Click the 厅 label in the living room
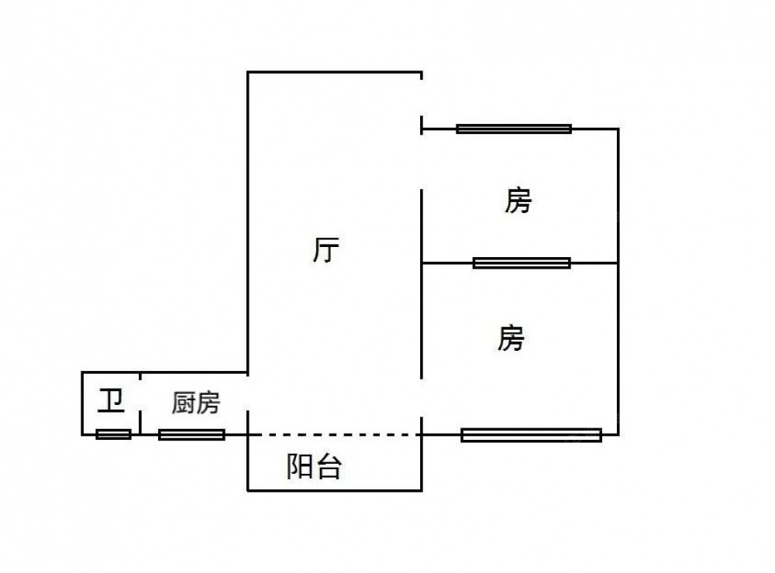326,250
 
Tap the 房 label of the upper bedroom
518,201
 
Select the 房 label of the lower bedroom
511,338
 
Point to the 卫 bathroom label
111,400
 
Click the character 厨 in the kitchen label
183,403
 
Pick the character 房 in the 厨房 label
208,403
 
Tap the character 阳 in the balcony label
301,466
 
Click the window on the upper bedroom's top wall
514,129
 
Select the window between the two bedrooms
522,262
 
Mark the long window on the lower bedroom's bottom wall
531,434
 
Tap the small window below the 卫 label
113,434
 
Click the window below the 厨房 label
191,434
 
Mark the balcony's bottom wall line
335,489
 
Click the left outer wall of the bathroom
82,403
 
